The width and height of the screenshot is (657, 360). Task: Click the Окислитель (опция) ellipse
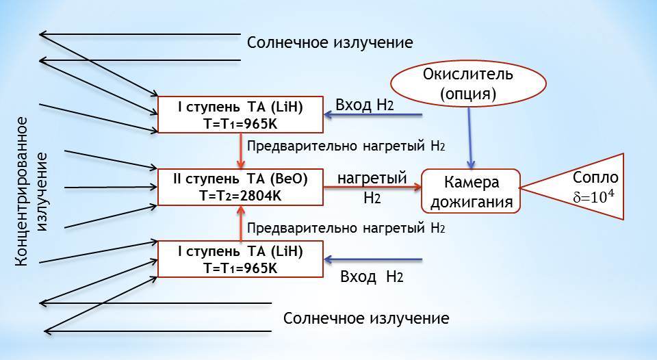[468, 81]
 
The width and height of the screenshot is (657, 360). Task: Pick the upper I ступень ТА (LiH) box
[240, 114]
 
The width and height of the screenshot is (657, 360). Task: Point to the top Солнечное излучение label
[330, 42]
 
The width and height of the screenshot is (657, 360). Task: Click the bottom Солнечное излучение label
[366, 319]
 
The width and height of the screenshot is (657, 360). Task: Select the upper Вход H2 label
[363, 105]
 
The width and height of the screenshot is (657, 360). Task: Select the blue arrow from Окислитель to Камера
[469, 137]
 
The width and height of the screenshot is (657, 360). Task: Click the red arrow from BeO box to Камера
[371, 186]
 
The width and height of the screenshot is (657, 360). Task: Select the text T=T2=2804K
[240, 196]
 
